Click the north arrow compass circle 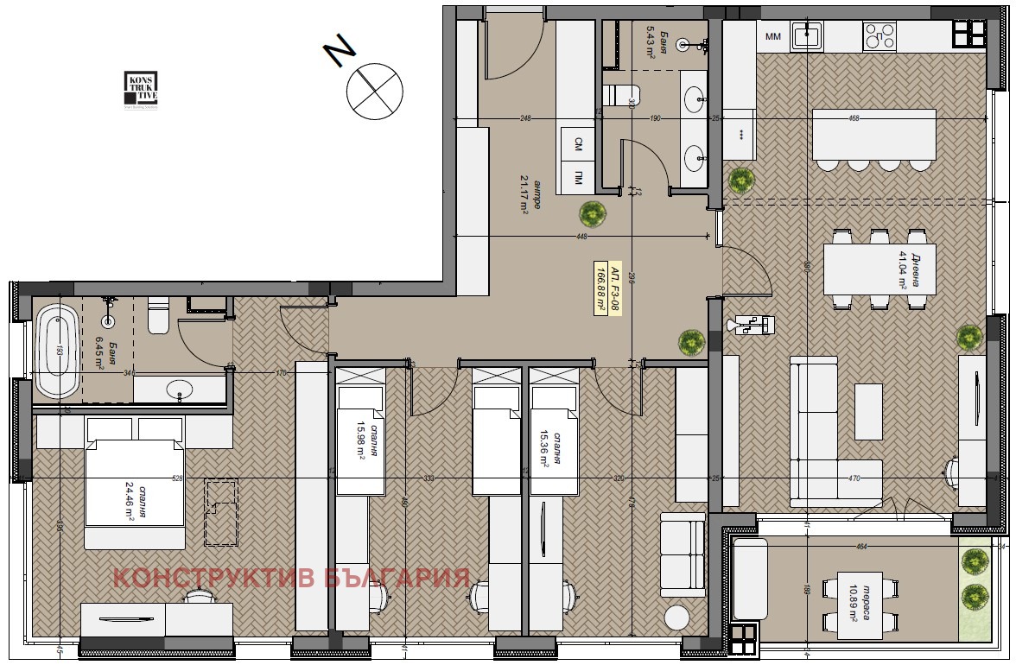pos(375,91)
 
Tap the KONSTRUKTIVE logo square pos(140,90)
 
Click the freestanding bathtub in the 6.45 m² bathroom pos(56,351)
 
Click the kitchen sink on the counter pos(807,35)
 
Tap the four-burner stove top pos(880,35)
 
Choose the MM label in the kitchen pos(772,36)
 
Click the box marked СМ pos(576,146)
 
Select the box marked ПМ pos(576,179)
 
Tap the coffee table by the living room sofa pos(868,410)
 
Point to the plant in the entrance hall pos(592,212)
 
